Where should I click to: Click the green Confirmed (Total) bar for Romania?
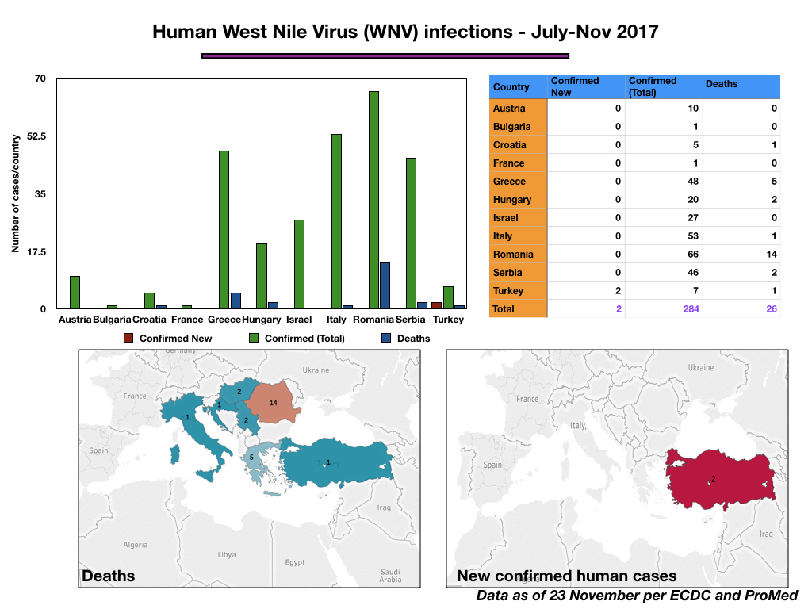coord(373,200)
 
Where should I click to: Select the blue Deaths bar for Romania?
coord(385,285)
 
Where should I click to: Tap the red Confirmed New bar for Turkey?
coord(437,305)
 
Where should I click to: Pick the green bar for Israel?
coord(299,264)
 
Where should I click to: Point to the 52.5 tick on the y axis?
coord(36,136)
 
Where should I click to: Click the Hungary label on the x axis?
coord(262,320)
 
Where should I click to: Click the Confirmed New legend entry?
coord(168,338)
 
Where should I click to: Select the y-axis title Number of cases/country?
coord(16,193)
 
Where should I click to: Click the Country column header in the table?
coord(511,87)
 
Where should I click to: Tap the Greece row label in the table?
coord(509,182)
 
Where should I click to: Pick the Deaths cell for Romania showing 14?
coord(772,255)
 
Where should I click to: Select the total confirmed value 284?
coord(691,309)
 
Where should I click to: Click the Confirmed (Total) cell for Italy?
coord(693,236)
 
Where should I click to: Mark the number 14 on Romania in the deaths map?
coord(274,403)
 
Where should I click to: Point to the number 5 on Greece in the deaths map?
coord(251,458)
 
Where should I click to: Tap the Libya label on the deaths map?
coord(227,554)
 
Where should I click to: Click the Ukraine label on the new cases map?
coord(701,367)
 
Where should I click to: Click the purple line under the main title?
coord(385,56)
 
